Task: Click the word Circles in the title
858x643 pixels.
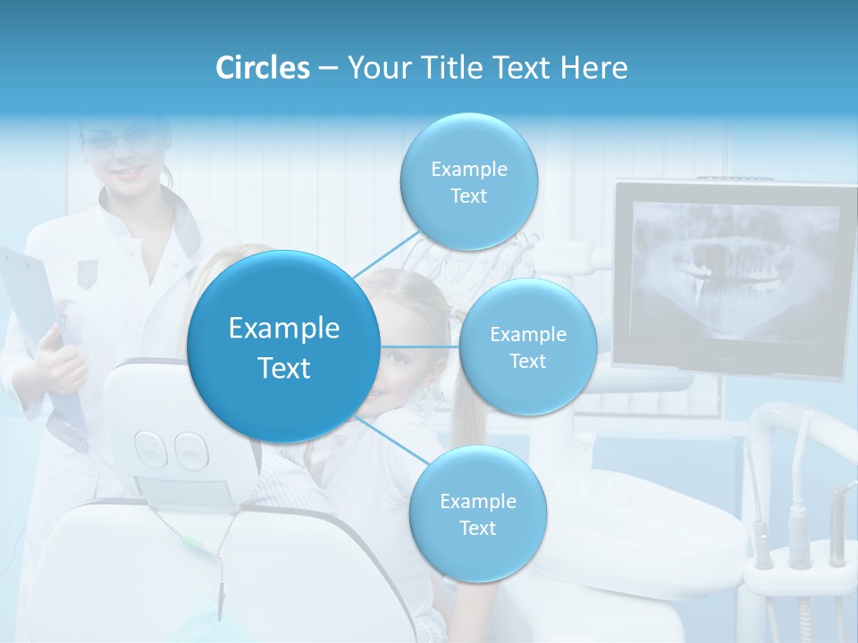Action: tap(262, 68)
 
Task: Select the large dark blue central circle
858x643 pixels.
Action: tap(283, 347)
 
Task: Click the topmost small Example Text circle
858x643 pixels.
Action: tap(468, 182)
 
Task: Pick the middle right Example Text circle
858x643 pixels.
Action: tap(527, 347)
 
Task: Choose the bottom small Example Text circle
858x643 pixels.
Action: tap(477, 514)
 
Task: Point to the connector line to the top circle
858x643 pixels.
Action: tap(386, 252)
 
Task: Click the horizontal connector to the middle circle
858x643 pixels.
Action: tap(419, 347)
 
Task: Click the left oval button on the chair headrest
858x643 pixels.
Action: tap(151, 448)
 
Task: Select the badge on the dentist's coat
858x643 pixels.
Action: tap(86, 271)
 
